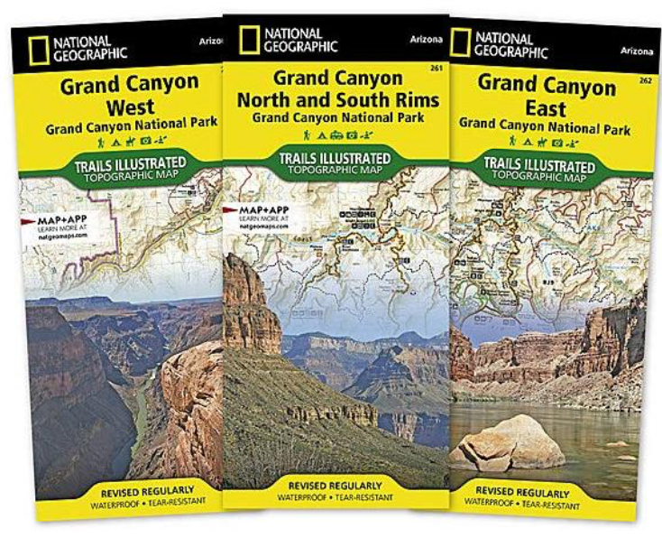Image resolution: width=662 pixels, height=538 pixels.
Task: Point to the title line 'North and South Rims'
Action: coord(337,99)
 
